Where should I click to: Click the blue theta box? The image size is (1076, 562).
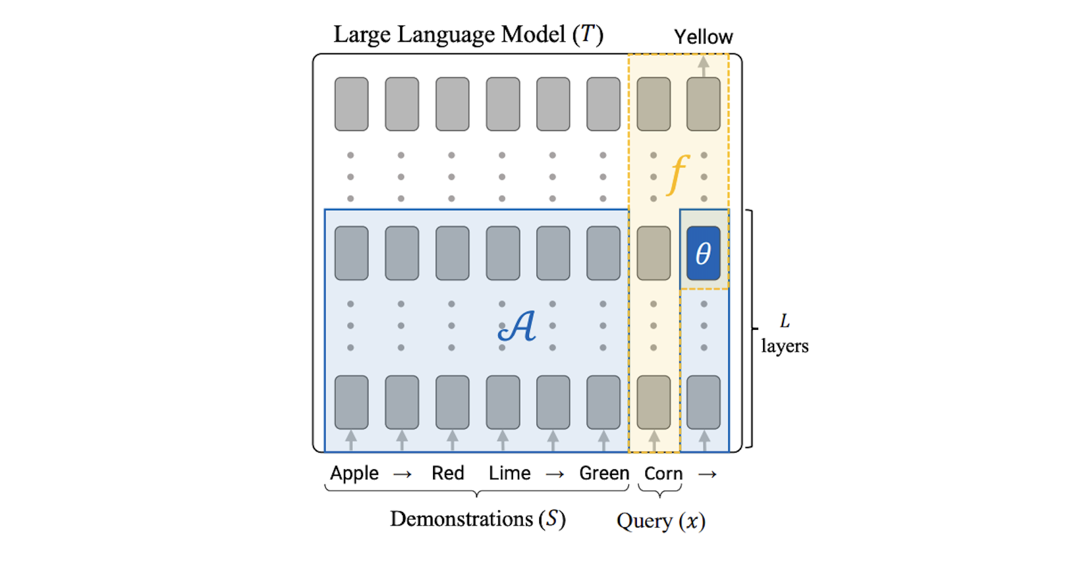tap(703, 253)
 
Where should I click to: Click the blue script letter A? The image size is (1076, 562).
tap(517, 326)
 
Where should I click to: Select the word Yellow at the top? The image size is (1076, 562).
tap(703, 37)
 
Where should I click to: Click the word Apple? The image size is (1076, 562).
tap(354, 474)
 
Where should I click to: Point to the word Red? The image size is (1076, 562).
tap(448, 474)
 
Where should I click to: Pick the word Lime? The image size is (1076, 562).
tap(509, 474)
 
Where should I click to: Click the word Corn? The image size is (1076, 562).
tap(663, 474)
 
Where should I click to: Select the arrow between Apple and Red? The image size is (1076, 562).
tap(402, 474)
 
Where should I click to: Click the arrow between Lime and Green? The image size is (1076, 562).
tap(554, 474)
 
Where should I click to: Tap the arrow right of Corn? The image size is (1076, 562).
tap(707, 474)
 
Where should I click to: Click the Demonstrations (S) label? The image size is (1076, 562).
tap(478, 519)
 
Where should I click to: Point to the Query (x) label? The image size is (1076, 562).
tap(661, 521)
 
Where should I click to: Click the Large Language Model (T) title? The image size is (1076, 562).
tap(468, 34)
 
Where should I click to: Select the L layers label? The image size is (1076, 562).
tap(784, 334)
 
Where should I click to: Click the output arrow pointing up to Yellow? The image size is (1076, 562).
tap(703, 65)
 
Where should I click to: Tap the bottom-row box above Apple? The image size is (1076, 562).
tap(351, 402)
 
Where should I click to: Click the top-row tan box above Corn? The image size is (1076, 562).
tap(653, 104)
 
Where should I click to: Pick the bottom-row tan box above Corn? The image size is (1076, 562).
tap(653, 402)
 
